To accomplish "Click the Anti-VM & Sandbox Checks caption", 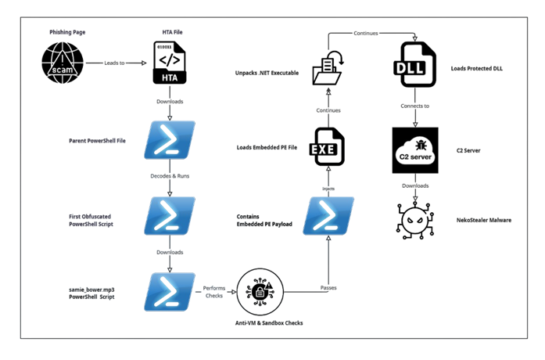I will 270,322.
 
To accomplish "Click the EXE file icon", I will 328,146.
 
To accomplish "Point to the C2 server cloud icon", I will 414,146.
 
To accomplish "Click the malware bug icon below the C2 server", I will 414,219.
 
